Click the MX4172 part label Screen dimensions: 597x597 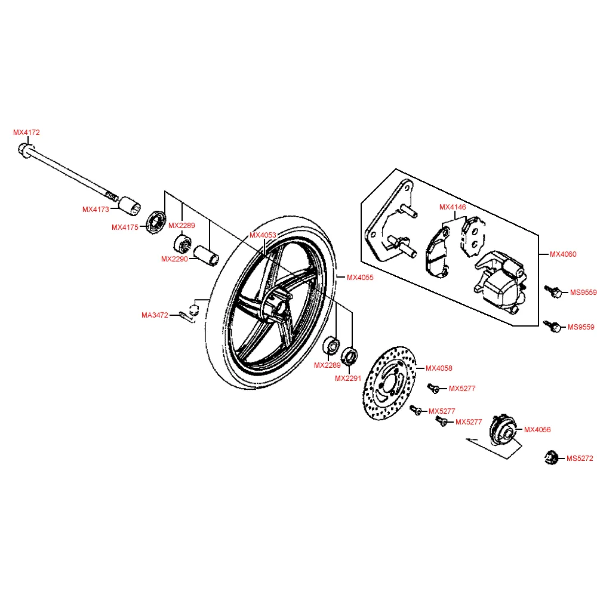[x=26, y=133]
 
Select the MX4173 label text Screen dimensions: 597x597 [x=96, y=210]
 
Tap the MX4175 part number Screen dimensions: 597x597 [x=125, y=227]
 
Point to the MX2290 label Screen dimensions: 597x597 [x=174, y=259]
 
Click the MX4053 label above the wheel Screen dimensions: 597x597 [x=263, y=235]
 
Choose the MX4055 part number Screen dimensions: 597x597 [x=360, y=278]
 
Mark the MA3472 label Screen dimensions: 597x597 [x=155, y=315]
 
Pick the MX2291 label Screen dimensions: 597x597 [x=348, y=378]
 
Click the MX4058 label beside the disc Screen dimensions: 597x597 [x=439, y=368]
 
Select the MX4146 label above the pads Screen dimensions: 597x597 [x=452, y=207]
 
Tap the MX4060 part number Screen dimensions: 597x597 [x=563, y=254]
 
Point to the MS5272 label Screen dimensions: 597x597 [x=580, y=458]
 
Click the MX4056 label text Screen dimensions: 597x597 [x=537, y=430]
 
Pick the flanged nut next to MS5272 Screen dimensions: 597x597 [x=551, y=458]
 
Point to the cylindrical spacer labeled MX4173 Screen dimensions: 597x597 [x=130, y=205]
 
